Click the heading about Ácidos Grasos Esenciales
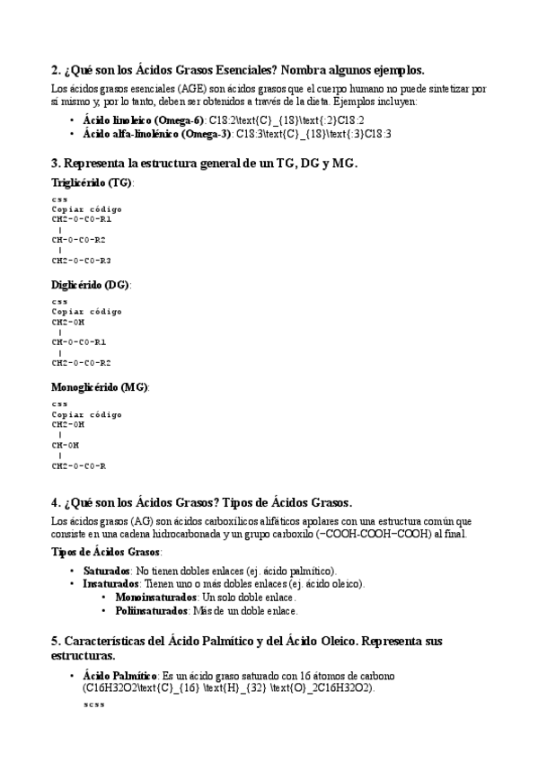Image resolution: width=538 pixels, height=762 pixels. click(238, 70)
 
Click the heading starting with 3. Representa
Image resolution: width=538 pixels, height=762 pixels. click(204, 163)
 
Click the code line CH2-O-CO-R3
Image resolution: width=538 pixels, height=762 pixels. click(82, 261)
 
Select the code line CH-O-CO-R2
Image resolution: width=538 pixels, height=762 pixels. click(79, 240)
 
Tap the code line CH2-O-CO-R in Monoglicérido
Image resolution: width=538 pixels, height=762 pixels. click(79, 465)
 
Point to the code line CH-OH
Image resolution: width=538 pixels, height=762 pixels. click(66, 445)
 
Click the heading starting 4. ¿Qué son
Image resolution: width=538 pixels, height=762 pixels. click(202, 501)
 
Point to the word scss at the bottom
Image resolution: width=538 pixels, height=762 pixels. click(93, 704)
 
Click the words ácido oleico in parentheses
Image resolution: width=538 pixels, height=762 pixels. click(331, 583)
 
